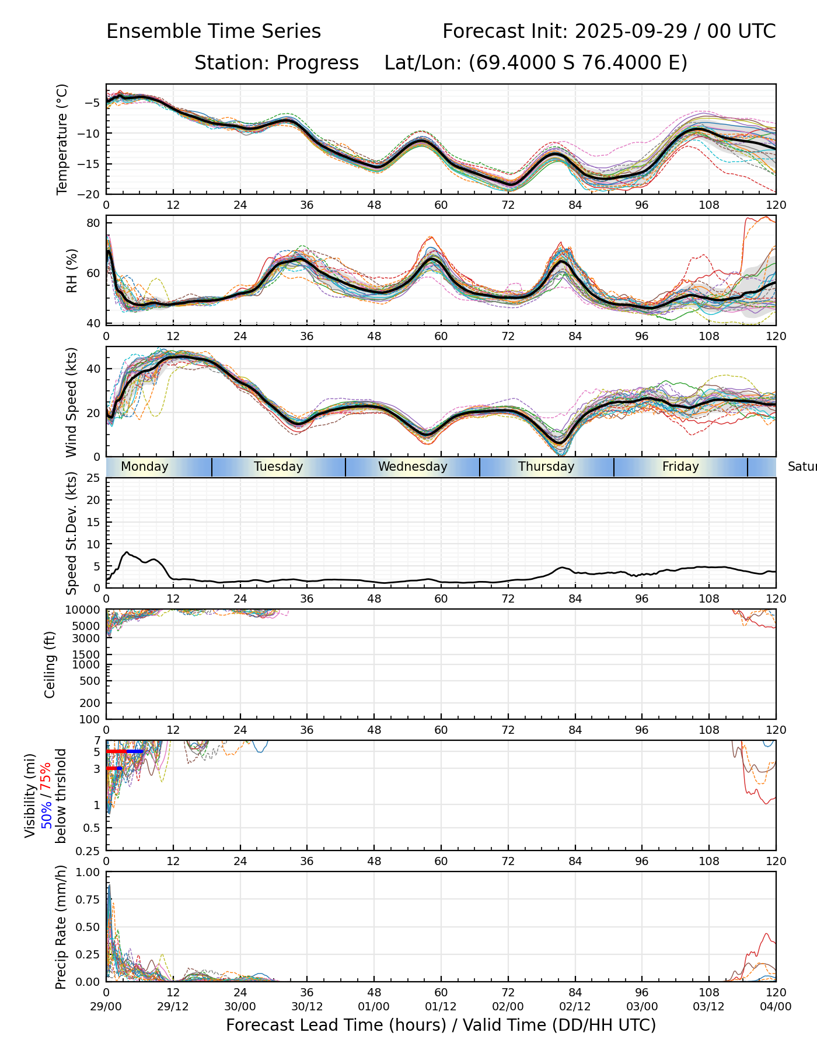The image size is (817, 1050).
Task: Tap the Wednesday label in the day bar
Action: click(413, 467)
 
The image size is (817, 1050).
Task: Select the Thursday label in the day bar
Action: click(546, 467)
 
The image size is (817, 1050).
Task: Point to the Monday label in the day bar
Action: click(144, 467)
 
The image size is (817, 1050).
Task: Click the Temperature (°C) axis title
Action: click(62, 139)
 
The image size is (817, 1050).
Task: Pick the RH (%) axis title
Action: click(72, 271)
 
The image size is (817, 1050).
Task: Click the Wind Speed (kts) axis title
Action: click(71, 402)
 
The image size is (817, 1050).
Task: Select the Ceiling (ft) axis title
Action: click(50, 664)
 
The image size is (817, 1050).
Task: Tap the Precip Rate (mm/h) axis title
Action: click(61, 927)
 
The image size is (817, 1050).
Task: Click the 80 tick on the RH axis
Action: click(93, 223)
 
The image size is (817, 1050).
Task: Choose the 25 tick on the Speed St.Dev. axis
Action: click(93, 478)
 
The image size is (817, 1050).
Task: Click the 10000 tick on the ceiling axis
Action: click(83, 610)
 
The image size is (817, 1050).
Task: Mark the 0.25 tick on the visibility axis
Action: click(90, 850)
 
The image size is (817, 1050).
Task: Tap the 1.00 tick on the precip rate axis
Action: click(88, 872)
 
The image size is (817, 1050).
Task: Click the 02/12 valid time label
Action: click(575, 1006)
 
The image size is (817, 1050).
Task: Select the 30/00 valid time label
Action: click(240, 1006)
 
